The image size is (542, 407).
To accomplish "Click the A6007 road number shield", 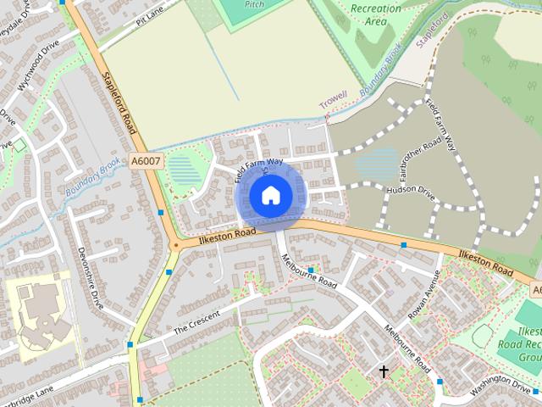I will (146, 159).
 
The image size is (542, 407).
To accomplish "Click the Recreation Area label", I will (376, 14).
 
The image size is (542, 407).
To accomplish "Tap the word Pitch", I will (254, 4).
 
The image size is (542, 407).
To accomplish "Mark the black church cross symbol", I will (384, 371).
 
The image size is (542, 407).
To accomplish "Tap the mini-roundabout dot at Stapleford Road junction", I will (175, 245).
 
